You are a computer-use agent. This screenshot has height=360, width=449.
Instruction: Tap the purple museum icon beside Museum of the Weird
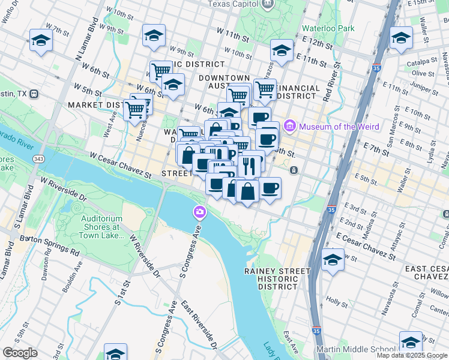[x=291, y=126]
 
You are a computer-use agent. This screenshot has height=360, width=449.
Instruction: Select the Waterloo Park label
[x=329, y=28]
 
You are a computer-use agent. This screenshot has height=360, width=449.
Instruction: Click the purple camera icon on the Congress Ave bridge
[x=199, y=212]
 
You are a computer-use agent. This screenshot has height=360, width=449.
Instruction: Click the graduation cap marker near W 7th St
[x=41, y=41]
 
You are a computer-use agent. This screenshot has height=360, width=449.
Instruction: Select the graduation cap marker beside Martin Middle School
[x=411, y=343]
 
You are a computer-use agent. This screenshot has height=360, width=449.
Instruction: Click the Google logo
[x=20, y=352]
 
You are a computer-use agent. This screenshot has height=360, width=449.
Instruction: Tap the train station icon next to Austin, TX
[x=34, y=94]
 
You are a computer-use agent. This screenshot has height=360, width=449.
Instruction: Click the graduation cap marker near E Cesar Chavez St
[x=333, y=260]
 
